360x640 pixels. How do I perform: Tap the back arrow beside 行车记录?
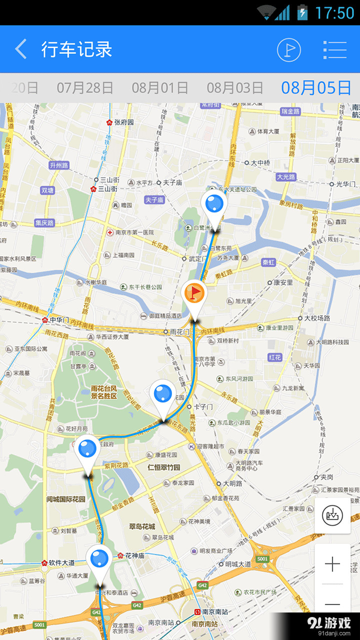coord(21,49)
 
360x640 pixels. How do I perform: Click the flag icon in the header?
coord(289,49)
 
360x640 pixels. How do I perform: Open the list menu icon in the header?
coord(335,49)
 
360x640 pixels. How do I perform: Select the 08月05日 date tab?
coord(316,88)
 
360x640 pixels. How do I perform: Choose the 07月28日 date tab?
coord(85,88)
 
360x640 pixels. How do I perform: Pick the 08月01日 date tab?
coord(160,88)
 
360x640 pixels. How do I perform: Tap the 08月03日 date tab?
coord(235,88)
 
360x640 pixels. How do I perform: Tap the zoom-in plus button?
coord(332,564)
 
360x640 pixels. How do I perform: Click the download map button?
coord(332,515)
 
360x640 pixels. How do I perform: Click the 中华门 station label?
coord(59,319)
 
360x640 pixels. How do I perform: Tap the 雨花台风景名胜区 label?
coord(103,392)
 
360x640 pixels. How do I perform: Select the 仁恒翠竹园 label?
coord(163,468)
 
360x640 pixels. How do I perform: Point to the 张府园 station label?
coord(123,122)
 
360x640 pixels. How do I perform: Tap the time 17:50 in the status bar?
coord(334,12)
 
